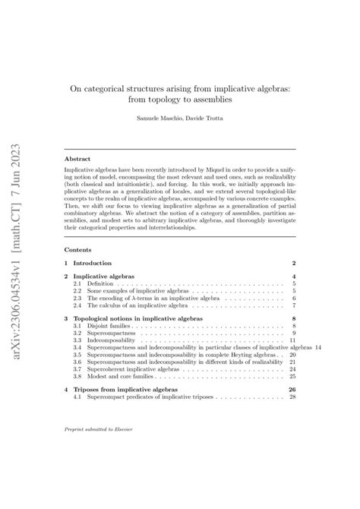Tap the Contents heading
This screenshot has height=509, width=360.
click(79, 249)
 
